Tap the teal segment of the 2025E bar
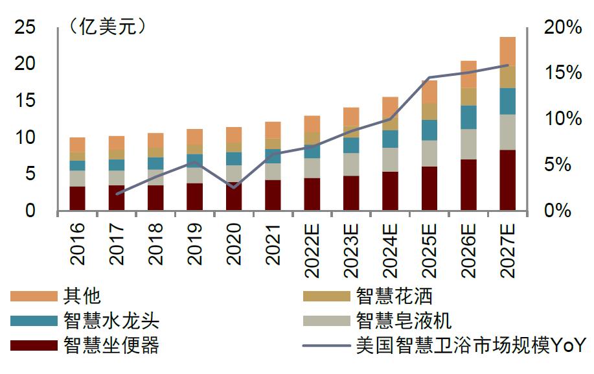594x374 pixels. pyautogui.click(x=429, y=130)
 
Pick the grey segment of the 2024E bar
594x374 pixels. pyautogui.click(x=390, y=159)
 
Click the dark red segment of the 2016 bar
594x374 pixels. pyautogui.click(x=78, y=198)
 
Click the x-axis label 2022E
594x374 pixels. pyautogui.click(x=312, y=250)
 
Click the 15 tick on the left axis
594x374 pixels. pyautogui.click(x=26, y=101)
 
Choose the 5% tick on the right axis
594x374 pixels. pyautogui.click(x=567, y=165)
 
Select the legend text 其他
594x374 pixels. pyautogui.click(x=82, y=296)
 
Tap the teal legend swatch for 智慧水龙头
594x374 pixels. pyautogui.click(x=34, y=321)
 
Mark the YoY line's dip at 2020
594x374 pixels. pyautogui.click(x=233, y=187)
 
